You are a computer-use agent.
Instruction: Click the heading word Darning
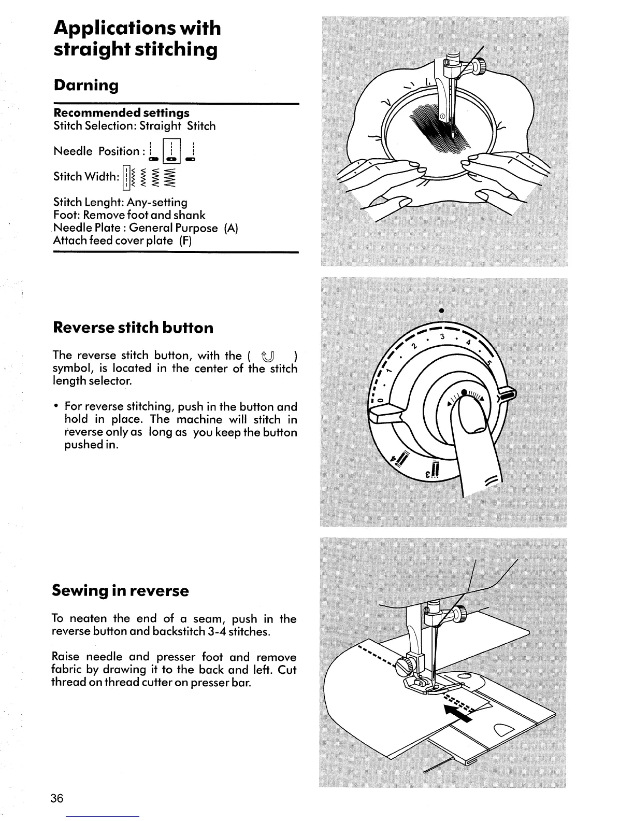point(86,86)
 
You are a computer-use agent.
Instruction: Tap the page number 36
point(57,799)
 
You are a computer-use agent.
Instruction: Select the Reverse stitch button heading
point(133,328)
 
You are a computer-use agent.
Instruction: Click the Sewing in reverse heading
point(121,591)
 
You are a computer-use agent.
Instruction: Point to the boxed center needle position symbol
point(171,151)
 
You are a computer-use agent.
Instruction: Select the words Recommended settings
point(122,113)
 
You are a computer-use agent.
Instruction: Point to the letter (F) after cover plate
point(185,241)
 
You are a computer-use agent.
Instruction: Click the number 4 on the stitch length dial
point(468,343)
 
